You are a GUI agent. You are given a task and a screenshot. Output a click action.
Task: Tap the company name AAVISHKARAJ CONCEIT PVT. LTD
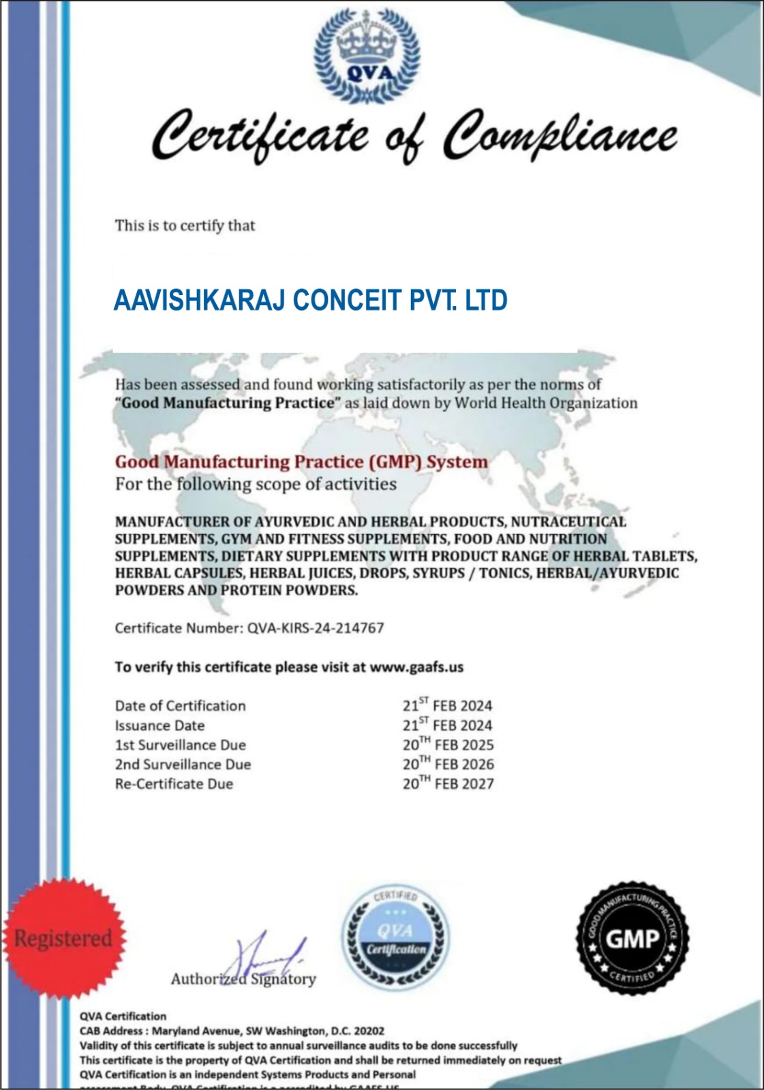tap(310, 300)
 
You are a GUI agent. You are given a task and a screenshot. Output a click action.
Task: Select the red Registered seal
tap(63, 938)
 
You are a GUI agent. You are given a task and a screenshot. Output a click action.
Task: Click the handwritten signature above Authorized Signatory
tap(266, 957)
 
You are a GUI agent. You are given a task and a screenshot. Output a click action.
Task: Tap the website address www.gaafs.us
tap(416, 666)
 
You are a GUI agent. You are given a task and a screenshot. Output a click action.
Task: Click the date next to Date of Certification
tap(447, 705)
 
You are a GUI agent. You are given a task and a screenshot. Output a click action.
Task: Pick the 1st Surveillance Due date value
tap(448, 745)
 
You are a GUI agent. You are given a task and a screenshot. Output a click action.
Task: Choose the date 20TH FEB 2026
tap(448, 764)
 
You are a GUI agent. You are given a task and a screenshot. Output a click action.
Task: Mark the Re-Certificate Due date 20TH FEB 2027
tap(448, 783)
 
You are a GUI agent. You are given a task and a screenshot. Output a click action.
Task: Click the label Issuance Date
tap(159, 726)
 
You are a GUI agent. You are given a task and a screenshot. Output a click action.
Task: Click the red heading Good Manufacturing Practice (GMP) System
tap(301, 462)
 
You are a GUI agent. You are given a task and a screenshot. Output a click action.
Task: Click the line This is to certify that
tap(185, 225)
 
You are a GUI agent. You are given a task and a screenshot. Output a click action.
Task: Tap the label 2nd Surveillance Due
tap(183, 764)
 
